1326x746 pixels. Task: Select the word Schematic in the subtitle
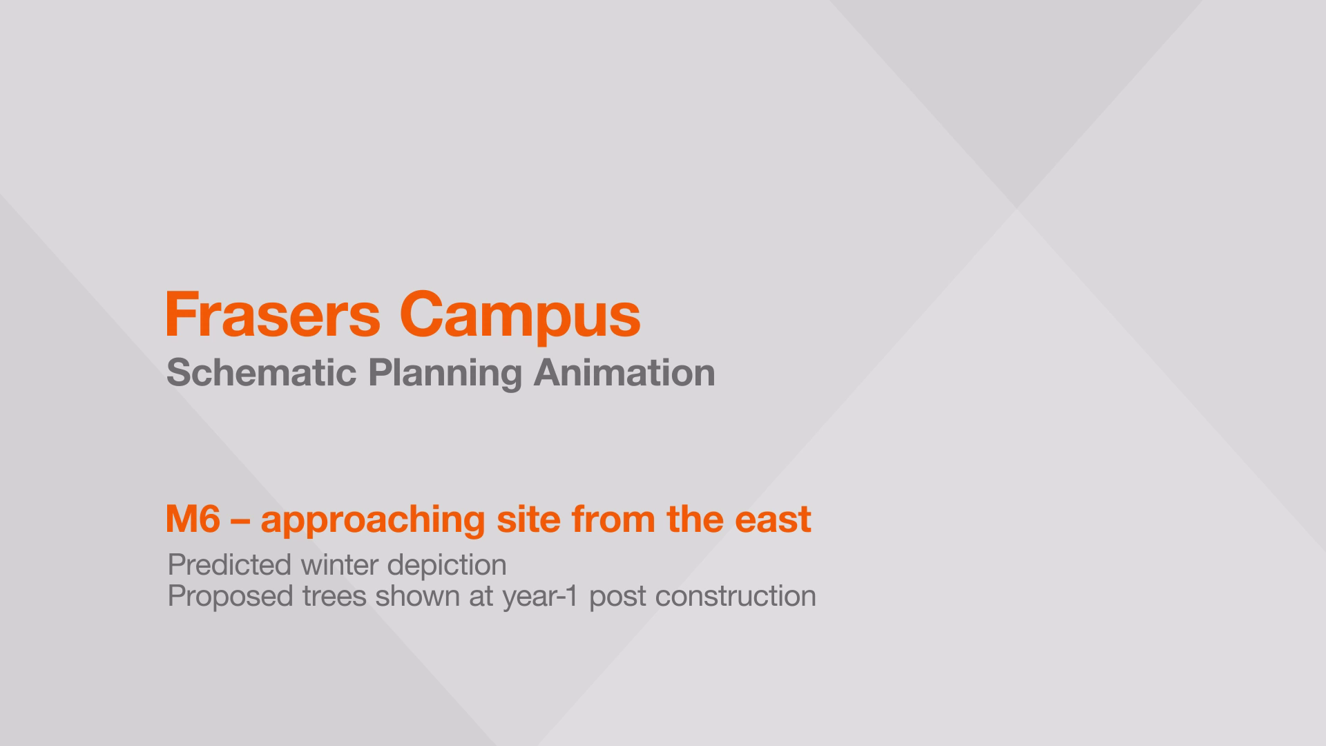coord(262,373)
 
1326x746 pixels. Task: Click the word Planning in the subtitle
coord(445,374)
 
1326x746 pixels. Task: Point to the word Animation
coord(624,373)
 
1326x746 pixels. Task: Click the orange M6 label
coord(193,519)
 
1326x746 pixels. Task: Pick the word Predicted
coord(229,565)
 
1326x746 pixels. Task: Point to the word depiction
coord(447,567)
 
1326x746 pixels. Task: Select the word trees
coord(334,597)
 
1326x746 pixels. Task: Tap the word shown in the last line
coord(417,596)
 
